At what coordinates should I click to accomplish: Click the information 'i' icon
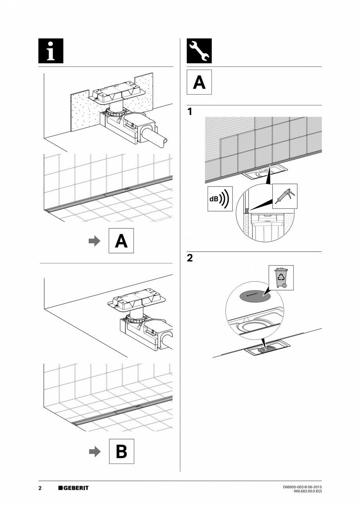[51, 51]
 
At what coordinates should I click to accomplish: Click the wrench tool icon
[199, 51]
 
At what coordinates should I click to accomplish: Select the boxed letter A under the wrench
[199, 82]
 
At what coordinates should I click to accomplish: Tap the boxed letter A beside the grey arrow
[121, 241]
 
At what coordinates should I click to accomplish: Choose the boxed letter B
[121, 451]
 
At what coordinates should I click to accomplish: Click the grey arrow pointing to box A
[94, 241]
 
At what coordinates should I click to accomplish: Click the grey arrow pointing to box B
[94, 451]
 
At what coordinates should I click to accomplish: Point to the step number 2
[190, 258]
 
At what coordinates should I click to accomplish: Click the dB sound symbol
[220, 199]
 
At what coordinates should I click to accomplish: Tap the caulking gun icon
[285, 196]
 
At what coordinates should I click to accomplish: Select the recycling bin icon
[281, 277]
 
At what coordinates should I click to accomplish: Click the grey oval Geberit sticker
[255, 296]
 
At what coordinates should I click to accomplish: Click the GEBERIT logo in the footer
[74, 488]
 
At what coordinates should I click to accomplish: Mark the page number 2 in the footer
[40, 488]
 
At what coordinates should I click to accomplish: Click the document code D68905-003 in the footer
[294, 487]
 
